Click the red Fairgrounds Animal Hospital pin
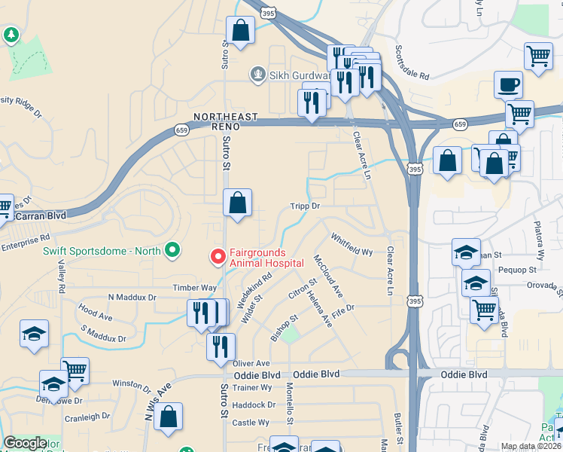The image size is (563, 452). pyautogui.click(x=218, y=257)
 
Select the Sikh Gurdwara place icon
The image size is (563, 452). pyautogui.click(x=258, y=74)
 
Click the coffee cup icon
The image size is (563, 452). pyautogui.click(x=508, y=84)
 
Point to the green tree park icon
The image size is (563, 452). pyautogui.click(x=11, y=35)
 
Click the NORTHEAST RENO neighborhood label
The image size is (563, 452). pyautogui.click(x=225, y=122)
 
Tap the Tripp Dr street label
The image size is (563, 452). pyautogui.click(x=306, y=206)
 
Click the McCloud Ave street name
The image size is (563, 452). pyautogui.click(x=328, y=276)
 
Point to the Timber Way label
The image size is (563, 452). pyautogui.click(x=194, y=288)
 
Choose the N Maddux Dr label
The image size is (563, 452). pyautogui.click(x=132, y=298)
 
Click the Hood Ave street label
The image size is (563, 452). pyautogui.click(x=95, y=310)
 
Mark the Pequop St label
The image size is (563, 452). pyautogui.click(x=517, y=269)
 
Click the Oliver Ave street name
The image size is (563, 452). pyautogui.click(x=251, y=363)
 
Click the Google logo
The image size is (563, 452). pyautogui.click(x=25, y=444)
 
